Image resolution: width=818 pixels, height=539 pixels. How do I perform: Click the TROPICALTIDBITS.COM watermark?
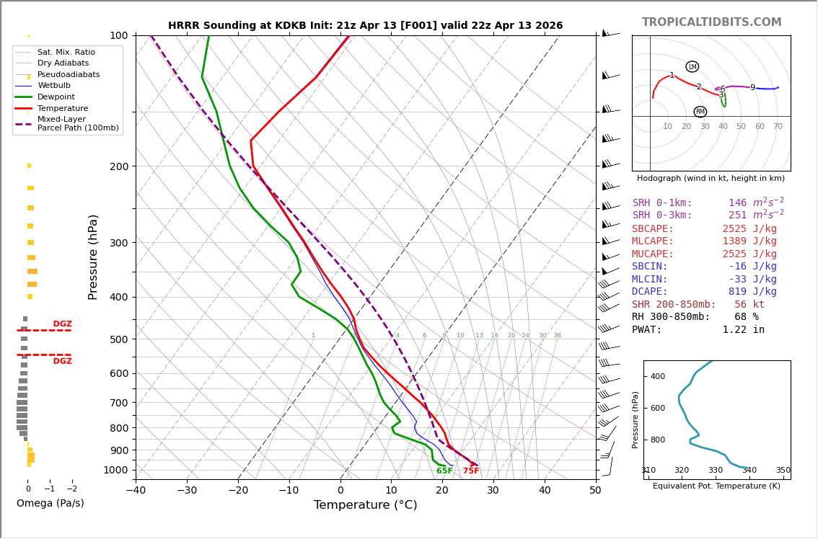(x=711, y=22)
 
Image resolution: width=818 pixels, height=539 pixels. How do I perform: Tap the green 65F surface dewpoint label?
(x=444, y=471)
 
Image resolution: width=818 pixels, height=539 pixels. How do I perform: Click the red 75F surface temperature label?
(x=471, y=471)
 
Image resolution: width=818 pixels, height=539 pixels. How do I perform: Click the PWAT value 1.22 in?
(x=744, y=330)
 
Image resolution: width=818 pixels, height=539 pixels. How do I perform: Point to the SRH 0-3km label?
(x=662, y=215)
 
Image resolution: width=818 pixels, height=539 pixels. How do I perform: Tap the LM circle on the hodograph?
(x=692, y=67)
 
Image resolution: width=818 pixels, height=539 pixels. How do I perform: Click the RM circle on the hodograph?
(x=700, y=112)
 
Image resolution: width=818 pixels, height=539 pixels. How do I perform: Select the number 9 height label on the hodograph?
(x=752, y=88)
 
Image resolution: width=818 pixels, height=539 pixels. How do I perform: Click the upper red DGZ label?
(x=62, y=324)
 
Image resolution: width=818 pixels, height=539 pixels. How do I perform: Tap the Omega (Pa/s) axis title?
(x=50, y=504)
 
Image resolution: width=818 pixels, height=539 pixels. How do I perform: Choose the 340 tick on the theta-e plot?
(x=749, y=471)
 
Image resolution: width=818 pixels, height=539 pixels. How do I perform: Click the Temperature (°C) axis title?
(x=365, y=506)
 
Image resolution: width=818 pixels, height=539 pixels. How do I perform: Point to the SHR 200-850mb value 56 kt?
(x=749, y=305)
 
